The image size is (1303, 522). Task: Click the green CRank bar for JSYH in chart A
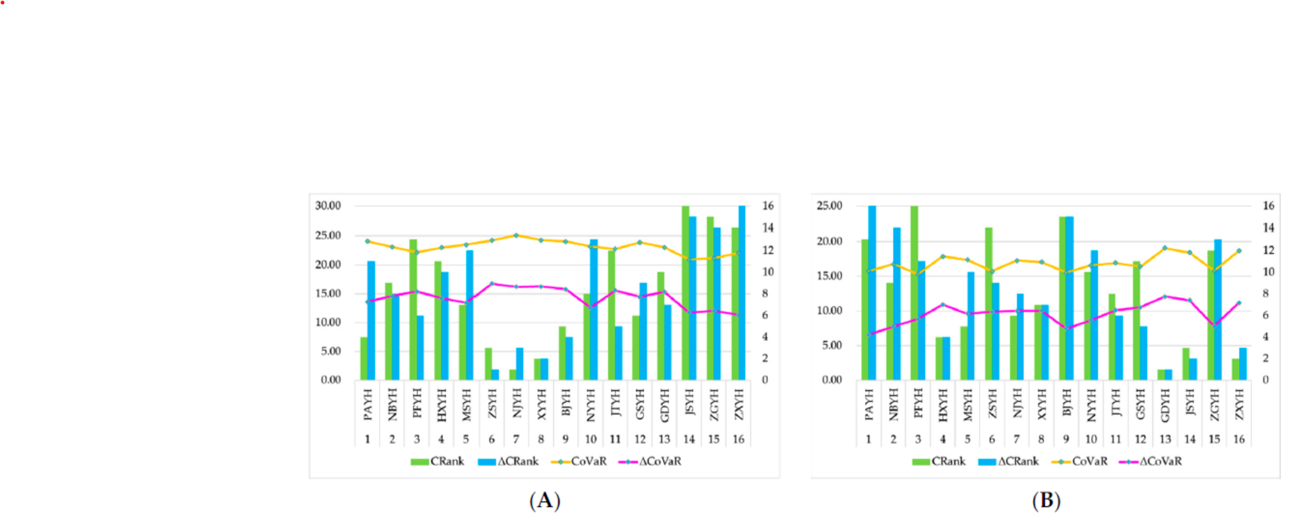[685, 293]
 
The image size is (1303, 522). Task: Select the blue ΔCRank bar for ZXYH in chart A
[742, 293]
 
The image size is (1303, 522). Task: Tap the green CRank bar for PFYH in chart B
[914, 293]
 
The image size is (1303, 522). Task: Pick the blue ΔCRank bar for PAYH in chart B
[872, 293]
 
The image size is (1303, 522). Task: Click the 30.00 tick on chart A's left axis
[328, 206]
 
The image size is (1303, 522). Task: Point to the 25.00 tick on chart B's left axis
[829, 206]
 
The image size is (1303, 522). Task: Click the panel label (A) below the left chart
[545, 501]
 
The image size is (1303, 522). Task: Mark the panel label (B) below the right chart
[1046, 501]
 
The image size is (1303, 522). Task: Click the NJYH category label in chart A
[517, 404]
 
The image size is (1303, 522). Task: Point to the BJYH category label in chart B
[1067, 404]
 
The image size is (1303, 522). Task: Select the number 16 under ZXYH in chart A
[739, 439]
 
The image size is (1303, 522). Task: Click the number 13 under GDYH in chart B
[1165, 439]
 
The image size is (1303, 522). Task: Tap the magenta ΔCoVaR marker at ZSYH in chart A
[491, 284]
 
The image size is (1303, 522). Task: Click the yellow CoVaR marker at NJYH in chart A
[516, 235]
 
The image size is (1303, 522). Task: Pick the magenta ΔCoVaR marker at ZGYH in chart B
[1214, 325]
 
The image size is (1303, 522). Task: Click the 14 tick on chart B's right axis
[1268, 227]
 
